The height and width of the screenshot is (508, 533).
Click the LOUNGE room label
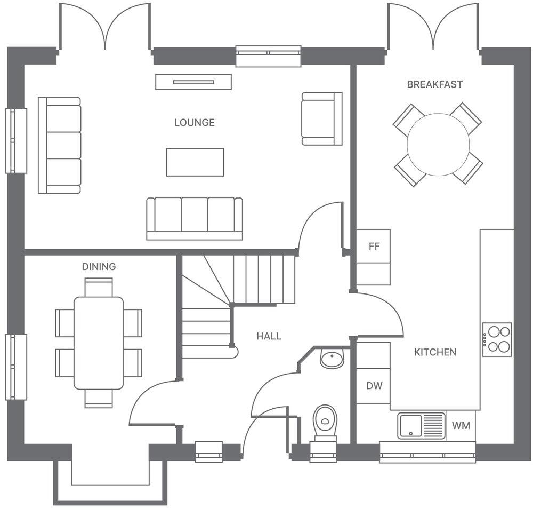click(x=195, y=123)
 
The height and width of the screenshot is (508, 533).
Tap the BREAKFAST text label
click(x=434, y=84)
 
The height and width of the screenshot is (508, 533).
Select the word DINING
click(x=99, y=267)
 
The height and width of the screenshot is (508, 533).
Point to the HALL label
click(x=269, y=336)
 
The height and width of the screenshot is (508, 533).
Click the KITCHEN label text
click(x=435, y=352)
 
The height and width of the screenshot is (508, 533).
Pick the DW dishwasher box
click(x=374, y=385)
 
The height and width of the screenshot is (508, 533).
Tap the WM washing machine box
click(x=461, y=426)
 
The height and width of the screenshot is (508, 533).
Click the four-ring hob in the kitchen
click(x=497, y=340)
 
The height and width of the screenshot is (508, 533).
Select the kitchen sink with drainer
click(x=421, y=426)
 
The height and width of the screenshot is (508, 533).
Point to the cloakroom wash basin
click(x=332, y=359)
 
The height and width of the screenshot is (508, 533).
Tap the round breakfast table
click(x=438, y=145)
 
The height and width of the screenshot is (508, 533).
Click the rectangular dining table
click(x=99, y=343)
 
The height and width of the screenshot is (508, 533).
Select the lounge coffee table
click(x=195, y=162)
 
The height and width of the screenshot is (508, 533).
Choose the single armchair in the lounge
click(x=321, y=118)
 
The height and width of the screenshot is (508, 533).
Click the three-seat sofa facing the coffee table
click(x=195, y=218)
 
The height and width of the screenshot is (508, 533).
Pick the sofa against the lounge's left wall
click(x=59, y=145)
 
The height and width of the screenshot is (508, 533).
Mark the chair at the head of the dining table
click(x=99, y=287)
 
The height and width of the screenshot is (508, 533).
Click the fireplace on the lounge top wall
click(x=193, y=82)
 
